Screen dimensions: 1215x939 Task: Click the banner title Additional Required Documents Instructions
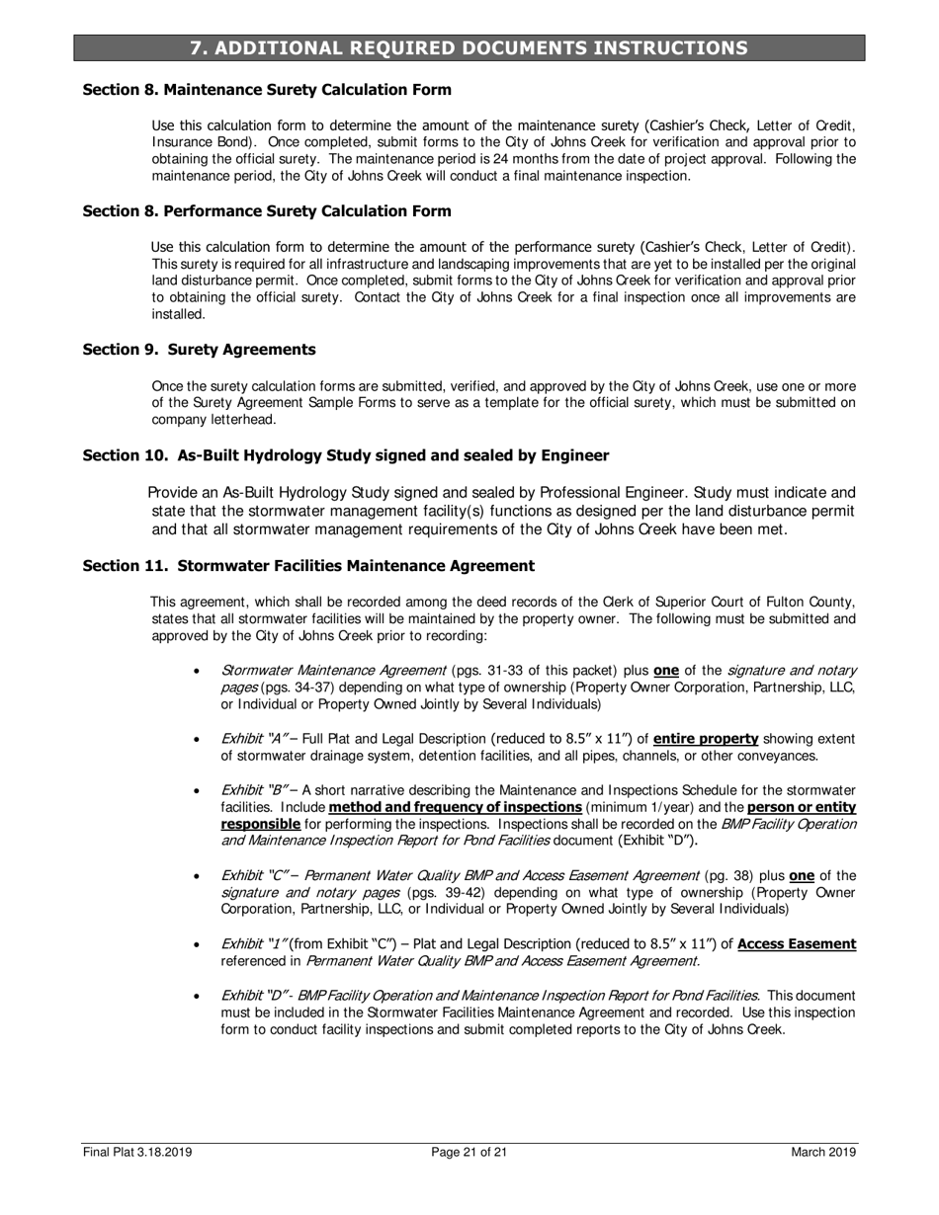[469, 48]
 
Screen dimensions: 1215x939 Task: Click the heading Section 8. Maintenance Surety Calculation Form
[267, 90]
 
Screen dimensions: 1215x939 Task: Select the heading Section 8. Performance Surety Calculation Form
[267, 211]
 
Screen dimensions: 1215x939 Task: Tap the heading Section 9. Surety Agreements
[199, 350]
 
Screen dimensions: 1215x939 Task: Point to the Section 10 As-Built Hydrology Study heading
[345, 455]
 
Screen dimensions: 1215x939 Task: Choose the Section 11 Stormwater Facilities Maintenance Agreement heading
[308, 566]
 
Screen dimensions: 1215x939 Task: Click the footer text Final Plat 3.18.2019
[137, 1152]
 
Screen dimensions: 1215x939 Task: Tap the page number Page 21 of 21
[469, 1152]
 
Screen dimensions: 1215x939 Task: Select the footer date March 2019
[823, 1152]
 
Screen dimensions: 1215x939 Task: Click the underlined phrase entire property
[705, 739]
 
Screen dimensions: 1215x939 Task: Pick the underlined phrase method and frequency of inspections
[455, 808]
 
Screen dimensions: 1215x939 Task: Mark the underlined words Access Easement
[797, 944]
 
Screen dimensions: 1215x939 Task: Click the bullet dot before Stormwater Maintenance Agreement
[199, 671]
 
